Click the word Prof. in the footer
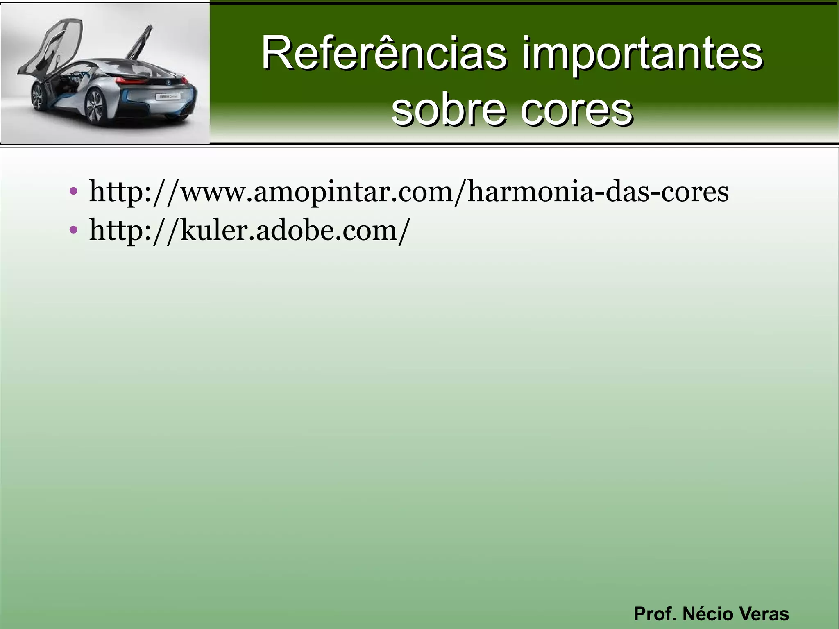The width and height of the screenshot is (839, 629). pyautogui.click(x=655, y=614)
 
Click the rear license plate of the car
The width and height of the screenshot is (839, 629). pyautogui.click(x=168, y=96)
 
